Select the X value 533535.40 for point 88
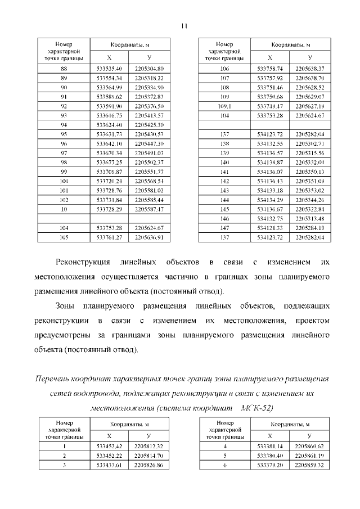(x=109, y=69)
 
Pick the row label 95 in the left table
(x=64, y=134)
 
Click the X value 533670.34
(x=109, y=152)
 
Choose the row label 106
(x=224, y=69)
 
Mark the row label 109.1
(x=224, y=106)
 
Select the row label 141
(x=224, y=171)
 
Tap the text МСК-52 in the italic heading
(x=257, y=407)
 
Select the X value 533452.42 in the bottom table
(x=109, y=446)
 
